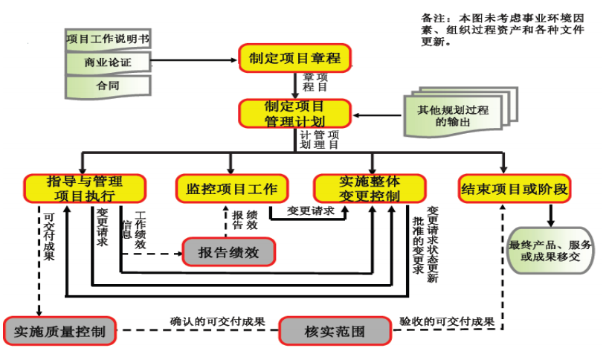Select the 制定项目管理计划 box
point(294,113)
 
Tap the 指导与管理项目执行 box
point(84,188)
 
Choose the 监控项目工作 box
point(231,188)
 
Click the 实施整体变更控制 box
point(370,188)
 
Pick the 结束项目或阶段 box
point(515,188)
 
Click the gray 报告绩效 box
point(228,252)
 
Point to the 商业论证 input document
point(109,62)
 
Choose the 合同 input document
point(109,86)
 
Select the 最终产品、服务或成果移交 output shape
point(550,251)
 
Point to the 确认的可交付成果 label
point(218,321)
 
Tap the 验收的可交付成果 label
point(447,321)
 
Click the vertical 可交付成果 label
point(50,236)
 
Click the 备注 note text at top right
point(503,29)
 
